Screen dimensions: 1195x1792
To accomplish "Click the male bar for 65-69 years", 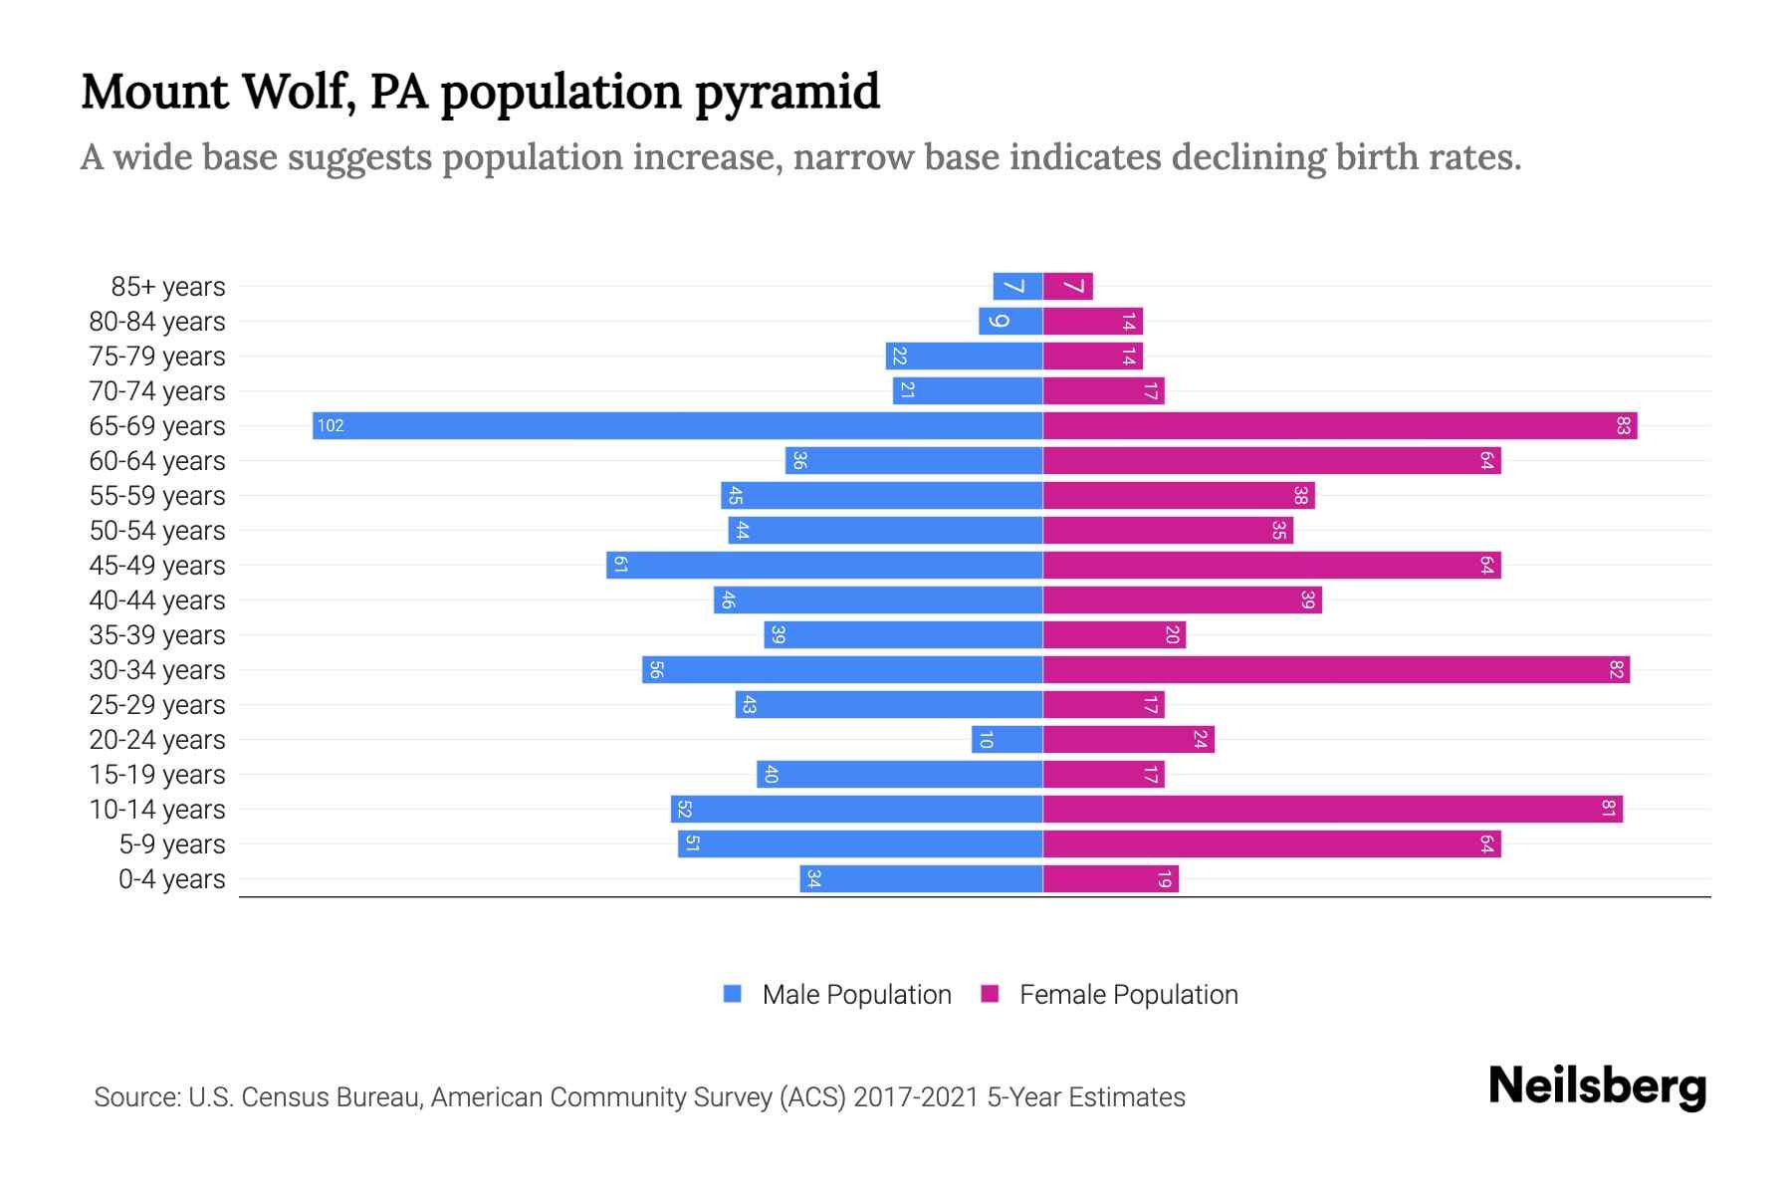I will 677,426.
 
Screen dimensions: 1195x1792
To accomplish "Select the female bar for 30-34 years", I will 1336,670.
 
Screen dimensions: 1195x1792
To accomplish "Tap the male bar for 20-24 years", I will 1008,740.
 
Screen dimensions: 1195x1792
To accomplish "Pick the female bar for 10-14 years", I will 1332,810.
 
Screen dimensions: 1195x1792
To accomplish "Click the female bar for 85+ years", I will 1068,287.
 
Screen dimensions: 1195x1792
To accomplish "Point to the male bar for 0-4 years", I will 921,879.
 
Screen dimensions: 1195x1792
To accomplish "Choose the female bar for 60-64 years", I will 1271,461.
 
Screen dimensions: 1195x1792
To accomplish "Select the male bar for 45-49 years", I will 824,566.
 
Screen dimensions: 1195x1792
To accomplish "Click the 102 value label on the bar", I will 331,426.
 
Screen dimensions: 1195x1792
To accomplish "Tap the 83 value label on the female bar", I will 1623,426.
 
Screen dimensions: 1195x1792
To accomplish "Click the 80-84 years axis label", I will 157,322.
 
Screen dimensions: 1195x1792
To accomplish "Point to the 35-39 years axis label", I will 157,635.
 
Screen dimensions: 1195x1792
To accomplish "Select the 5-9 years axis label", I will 172,844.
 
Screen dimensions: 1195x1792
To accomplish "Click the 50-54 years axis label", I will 157,531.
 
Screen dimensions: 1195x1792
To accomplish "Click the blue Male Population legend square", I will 733,994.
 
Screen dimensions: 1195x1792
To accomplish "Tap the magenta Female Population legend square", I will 990,994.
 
